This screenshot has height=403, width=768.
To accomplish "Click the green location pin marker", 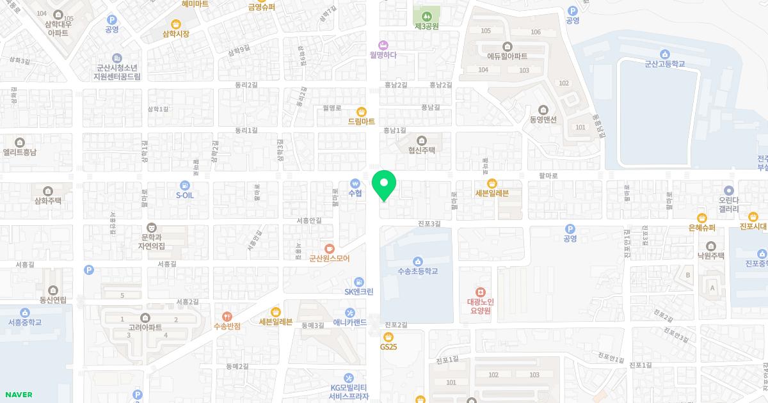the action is tap(384, 184).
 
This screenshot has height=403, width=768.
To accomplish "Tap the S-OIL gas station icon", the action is tap(185, 185).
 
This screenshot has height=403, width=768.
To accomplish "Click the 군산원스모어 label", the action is tap(329, 259).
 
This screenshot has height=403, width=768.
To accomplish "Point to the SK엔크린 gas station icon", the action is tap(359, 282).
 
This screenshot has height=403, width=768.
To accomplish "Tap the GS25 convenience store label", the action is tap(388, 347).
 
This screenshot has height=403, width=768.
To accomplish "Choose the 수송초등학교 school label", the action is tap(418, 271).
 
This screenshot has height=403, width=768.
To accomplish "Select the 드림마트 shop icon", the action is tap(362, 111).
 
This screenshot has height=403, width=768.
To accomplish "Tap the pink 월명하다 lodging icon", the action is tap(383, 45).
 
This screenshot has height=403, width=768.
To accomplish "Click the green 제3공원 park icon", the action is tap(426, 16).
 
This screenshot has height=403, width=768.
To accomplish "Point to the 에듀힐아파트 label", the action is tap(508, 56).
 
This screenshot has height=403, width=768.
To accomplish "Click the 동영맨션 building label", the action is tap(543, 120).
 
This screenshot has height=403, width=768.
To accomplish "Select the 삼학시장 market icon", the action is tap(176, 34).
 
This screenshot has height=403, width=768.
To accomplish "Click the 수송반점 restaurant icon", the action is tap(227, 316).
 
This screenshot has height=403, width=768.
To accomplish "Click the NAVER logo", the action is tap(18, 395).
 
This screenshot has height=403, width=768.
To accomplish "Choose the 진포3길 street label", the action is tap(429, 223).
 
